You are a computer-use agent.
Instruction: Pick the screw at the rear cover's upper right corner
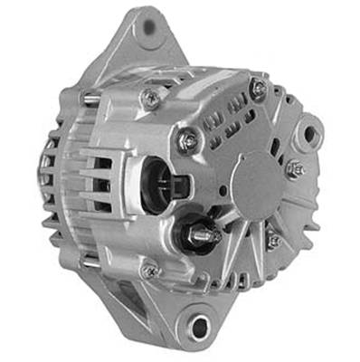(x=258, y=88)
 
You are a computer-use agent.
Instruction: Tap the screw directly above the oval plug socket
(x=187, y=138)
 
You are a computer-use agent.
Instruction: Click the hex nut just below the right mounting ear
(x=294, y=168)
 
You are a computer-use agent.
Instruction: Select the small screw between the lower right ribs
(x=273, y=240)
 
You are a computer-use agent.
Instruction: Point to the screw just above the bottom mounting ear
(x=150, y=269)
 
